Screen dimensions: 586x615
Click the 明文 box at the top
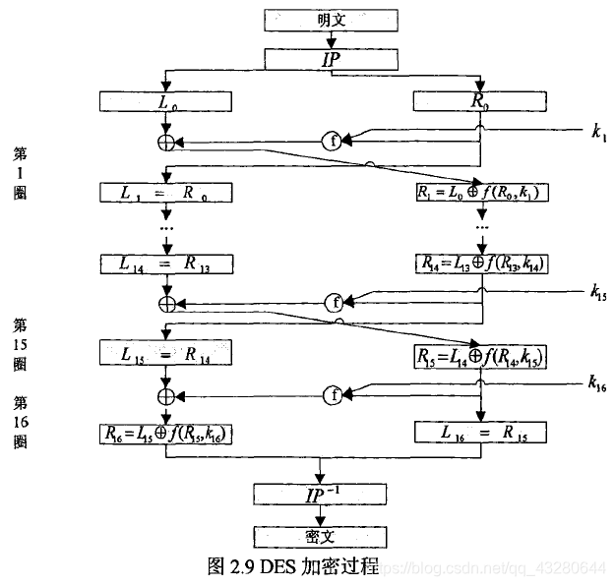[x=331, y=19]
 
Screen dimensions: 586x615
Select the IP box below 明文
[x=331, y=60]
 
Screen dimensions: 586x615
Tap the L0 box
[x=166, y=100]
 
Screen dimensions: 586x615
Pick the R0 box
[x=479, y=100]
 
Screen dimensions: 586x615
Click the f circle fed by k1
[x=332, y=142]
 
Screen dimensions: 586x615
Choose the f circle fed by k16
[x=332, y=395]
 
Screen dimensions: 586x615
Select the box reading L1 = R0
[x=166, y=192]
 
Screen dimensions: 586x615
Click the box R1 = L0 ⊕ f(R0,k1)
[x=480, y=193]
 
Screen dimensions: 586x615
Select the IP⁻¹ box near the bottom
[x=331, y=494]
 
